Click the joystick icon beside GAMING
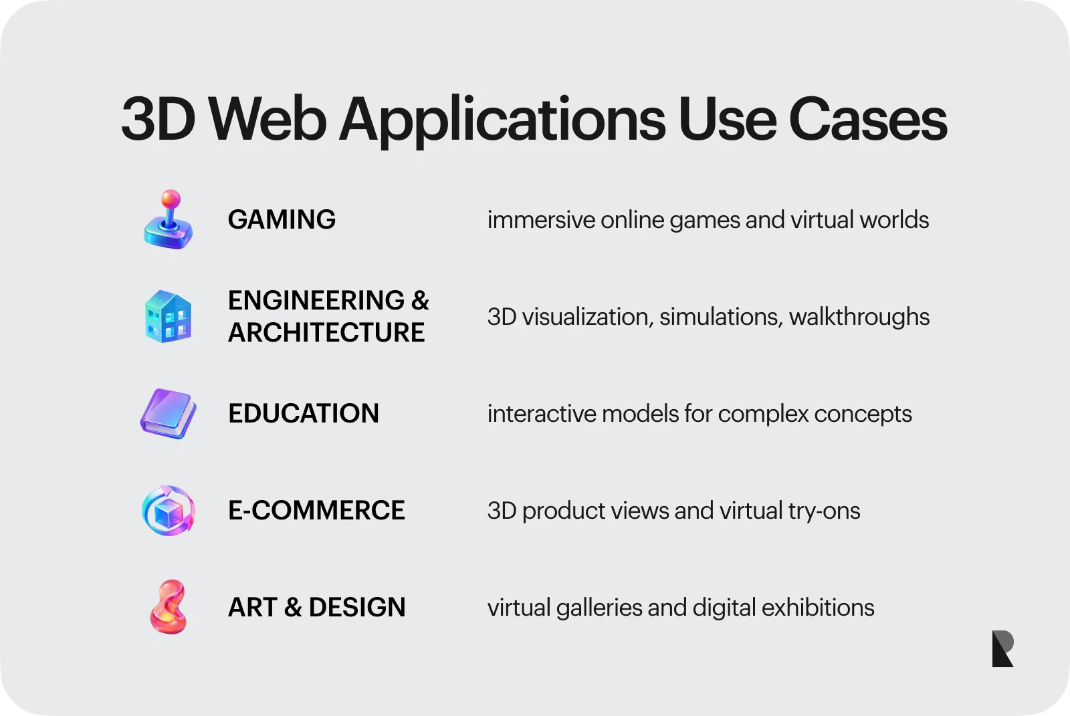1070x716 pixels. pos(169,221)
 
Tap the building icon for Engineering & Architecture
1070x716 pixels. pos(169,317)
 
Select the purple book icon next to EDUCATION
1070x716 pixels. pos(169,414)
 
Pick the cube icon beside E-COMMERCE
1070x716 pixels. pos(169,511)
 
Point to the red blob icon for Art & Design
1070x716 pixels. pos(168,607)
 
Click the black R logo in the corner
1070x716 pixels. pos(1002,648)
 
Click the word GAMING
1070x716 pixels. pos(282,220)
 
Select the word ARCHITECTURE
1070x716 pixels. pos(326,333)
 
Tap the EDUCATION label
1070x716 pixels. pos(304,414)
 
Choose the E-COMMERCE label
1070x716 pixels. pos(316,511)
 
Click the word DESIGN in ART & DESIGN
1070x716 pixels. pos(357,608)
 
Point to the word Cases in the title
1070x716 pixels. pos(867,120)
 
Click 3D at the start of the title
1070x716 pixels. pos(158,120)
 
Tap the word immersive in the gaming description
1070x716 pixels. pos(541,220)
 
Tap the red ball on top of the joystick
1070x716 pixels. pos(171,199)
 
